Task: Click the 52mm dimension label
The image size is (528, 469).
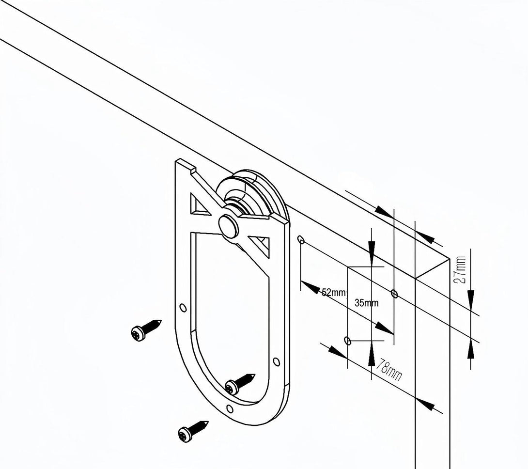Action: tap(334, 293)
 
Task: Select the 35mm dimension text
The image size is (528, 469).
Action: tap(366, 303)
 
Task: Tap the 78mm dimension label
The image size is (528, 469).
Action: tap(388, 370)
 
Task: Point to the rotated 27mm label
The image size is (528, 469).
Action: tap(461, 270)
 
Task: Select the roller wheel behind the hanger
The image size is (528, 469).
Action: tap(252, 194)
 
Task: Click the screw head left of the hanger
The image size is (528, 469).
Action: tap(138, 333)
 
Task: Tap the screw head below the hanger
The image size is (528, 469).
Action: tap(185, 434)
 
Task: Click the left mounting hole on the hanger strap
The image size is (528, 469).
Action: tap(183, 308)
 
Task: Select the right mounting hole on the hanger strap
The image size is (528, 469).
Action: tap(276, 362)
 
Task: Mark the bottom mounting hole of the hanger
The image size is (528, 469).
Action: tap(230, 409)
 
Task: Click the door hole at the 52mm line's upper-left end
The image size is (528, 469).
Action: tap(301, 239)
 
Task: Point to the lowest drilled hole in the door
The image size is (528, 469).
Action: tap(348, 341)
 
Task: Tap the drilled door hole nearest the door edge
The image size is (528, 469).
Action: tap(394, 294)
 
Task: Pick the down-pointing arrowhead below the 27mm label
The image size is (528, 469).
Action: tap(471, 298)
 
